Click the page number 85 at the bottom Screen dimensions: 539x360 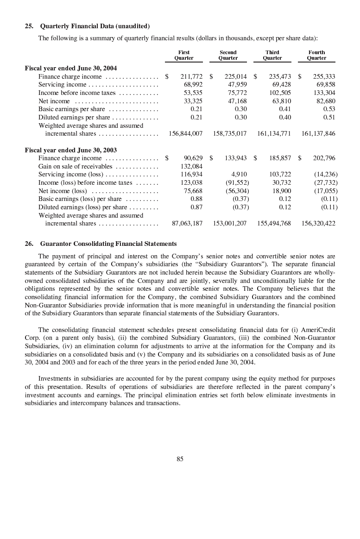pos(180,459)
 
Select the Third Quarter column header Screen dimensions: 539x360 pos(272,55)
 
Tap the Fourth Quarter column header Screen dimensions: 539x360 pos(316,55)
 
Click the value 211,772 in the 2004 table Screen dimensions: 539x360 pos(191,76)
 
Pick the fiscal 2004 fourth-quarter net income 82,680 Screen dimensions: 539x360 pos(325,101)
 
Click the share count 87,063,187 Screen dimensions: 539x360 pos(187,223)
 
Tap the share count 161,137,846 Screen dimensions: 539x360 pos(318,134)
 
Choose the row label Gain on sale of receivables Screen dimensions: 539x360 pos(75,166)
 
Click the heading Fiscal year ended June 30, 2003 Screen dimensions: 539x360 pos(70,150)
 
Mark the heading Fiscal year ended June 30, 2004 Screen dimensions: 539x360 pos(70,68)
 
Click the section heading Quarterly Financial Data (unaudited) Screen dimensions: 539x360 pos(95,26)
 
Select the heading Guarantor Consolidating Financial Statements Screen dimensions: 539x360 pos(108,244)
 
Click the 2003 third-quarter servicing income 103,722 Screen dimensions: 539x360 pos(280,175)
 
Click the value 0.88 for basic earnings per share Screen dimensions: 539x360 pos(196,199)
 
